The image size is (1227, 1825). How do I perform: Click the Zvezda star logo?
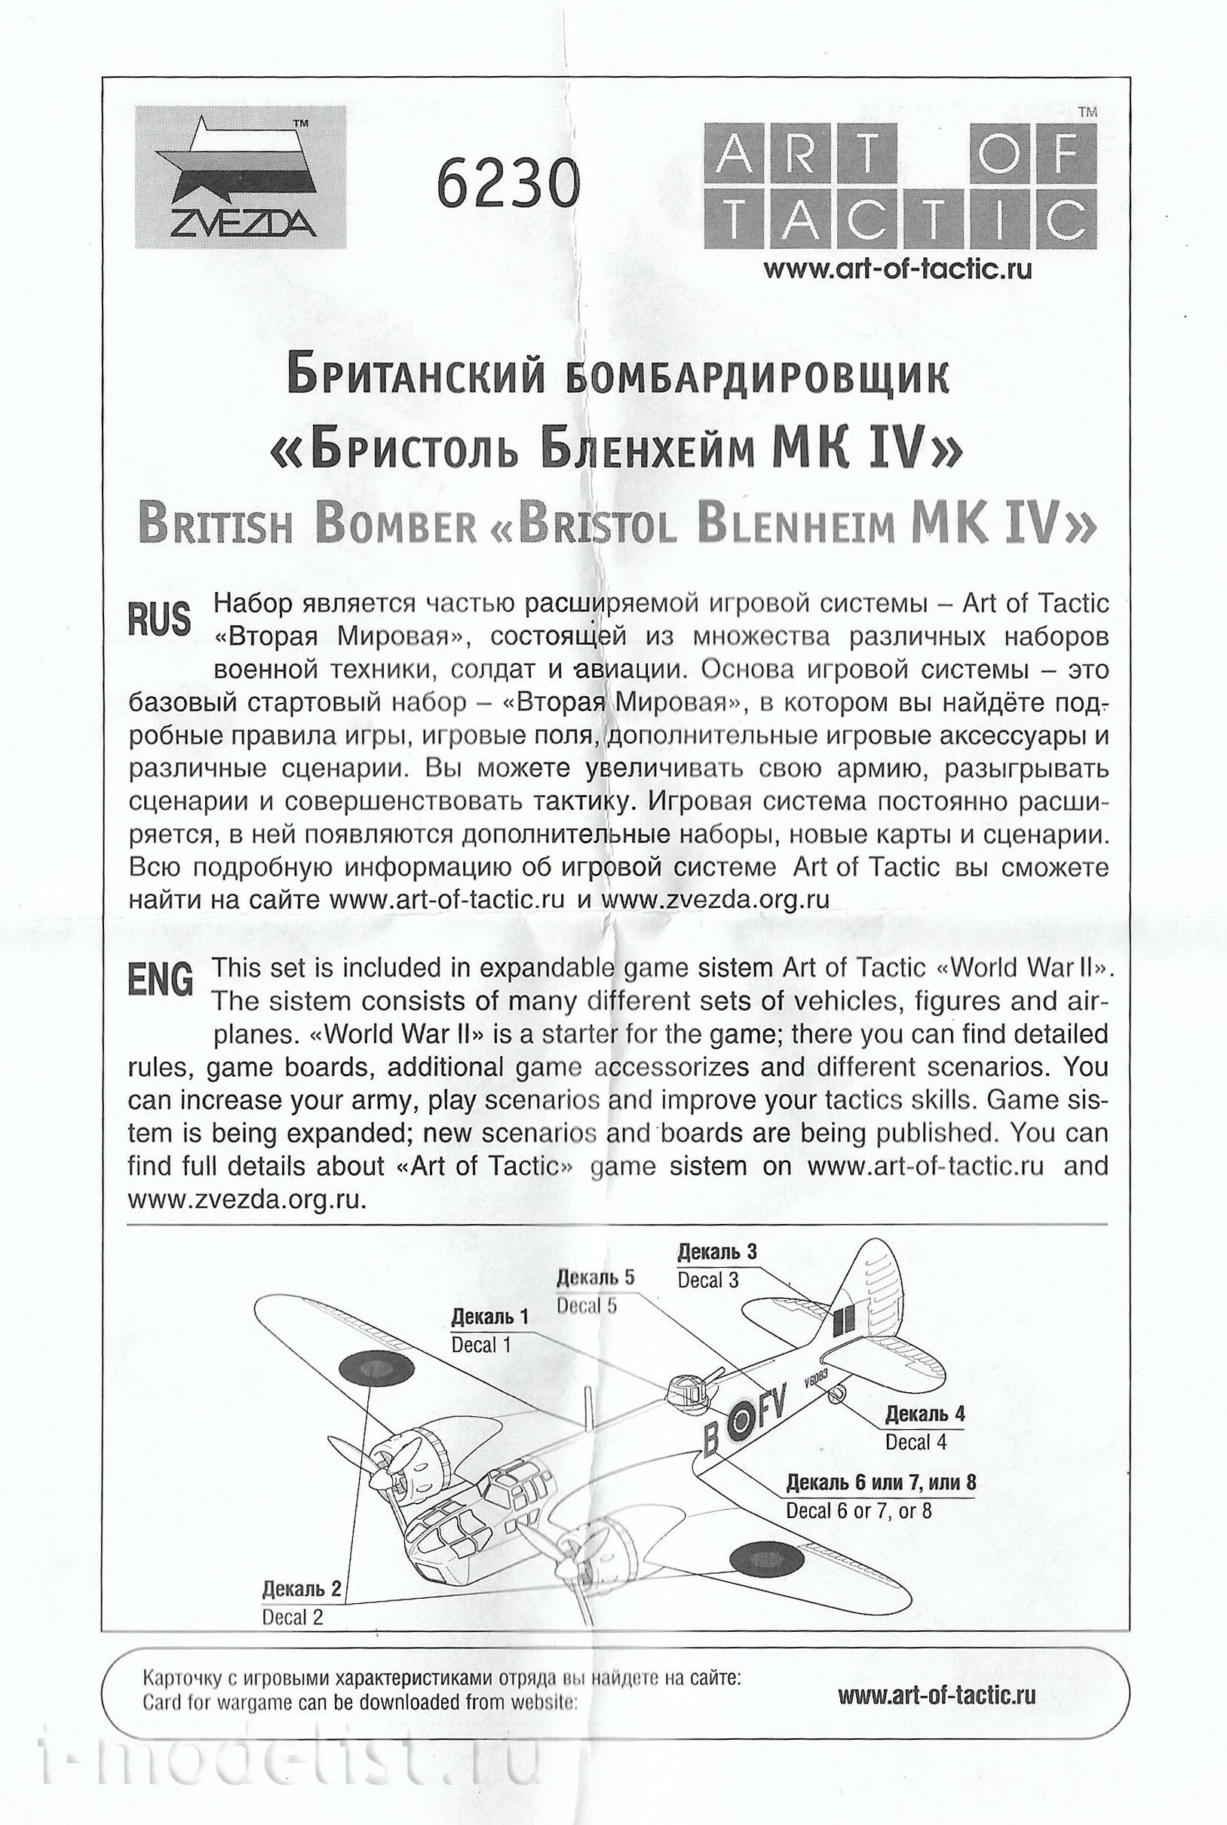[x=241, y=177]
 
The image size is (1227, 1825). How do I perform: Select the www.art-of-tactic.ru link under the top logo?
[x=897, y=269]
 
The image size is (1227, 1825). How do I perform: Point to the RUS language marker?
[x=159, y=619]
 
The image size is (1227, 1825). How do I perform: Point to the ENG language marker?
[x=161, y=980]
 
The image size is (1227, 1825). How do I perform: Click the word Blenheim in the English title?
[x=795, y=524]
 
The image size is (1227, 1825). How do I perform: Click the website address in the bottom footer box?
[x=936, y=1695]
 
